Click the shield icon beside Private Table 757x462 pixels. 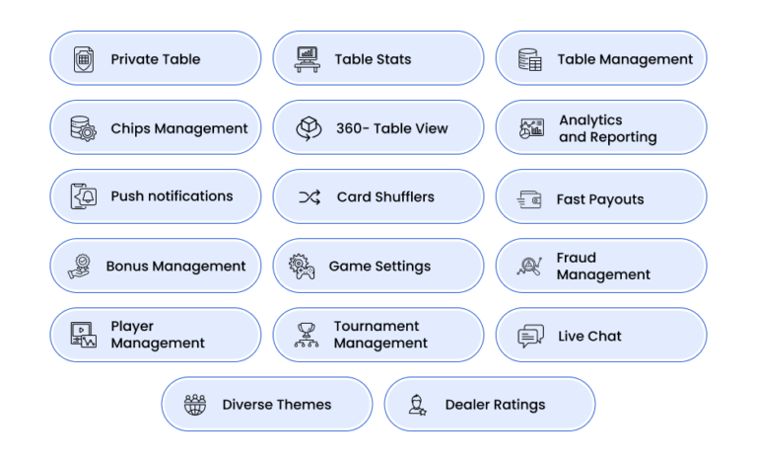coord(84,59)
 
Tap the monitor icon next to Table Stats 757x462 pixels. coord(308,59)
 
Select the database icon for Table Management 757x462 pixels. coord(529,59)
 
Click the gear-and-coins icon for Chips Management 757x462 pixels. coord(83,128)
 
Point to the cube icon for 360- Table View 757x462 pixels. coord(309,128)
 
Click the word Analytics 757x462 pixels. coord(590,120)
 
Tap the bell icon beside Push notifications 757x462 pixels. coord(84,196)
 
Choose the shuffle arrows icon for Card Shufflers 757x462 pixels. coord(310,196)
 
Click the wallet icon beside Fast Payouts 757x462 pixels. coord(529,199)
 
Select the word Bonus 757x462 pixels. coord(127,267)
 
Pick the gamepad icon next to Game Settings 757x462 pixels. coord(302,267)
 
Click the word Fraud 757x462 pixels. coord(576,258)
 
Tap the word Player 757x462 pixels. coord(132,327)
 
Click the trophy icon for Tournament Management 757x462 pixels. coord(307,336)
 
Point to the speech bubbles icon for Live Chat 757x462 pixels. coord(530,336)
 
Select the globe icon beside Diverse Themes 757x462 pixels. coord(195,405)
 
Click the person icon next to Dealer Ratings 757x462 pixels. coord(417,405)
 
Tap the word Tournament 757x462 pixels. coord(377,326)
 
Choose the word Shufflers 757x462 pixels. coord(404,196)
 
